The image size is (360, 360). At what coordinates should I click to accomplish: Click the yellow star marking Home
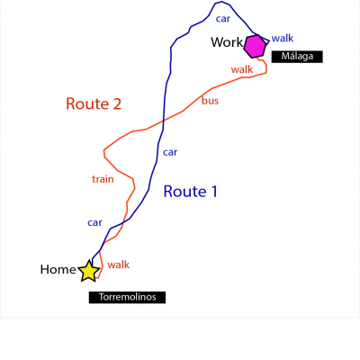[89, 271]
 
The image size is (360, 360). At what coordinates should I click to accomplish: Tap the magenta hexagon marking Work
[255, 46]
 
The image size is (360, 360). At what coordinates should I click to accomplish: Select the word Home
[58, 269]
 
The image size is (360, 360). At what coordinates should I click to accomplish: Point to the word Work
[227, 42]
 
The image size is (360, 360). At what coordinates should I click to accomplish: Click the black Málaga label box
[297, 57]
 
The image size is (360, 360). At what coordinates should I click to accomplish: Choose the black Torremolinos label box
[127, 297]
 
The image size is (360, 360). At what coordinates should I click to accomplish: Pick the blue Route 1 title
[190, 192]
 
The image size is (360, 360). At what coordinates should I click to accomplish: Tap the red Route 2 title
[94, 103]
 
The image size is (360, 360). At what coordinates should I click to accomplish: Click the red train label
[103, 179]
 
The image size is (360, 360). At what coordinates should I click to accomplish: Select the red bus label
[210, 101]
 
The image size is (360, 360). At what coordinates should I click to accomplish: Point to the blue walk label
[283, 38]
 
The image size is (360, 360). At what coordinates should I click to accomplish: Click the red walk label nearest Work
[242, 69]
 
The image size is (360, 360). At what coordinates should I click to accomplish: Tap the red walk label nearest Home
[118, 265]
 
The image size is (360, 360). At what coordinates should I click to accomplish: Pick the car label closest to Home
[94, 222]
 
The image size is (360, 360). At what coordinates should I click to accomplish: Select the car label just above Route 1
[170, 152]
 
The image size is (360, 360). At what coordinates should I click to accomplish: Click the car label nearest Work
[223, 19]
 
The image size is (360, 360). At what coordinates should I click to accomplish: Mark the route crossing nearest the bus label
[164, 121]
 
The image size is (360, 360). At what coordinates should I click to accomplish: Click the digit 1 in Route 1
[214, 192]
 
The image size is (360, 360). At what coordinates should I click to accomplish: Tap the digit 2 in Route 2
[117, 103]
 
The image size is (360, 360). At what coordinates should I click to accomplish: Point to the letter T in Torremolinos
[102, 297]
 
